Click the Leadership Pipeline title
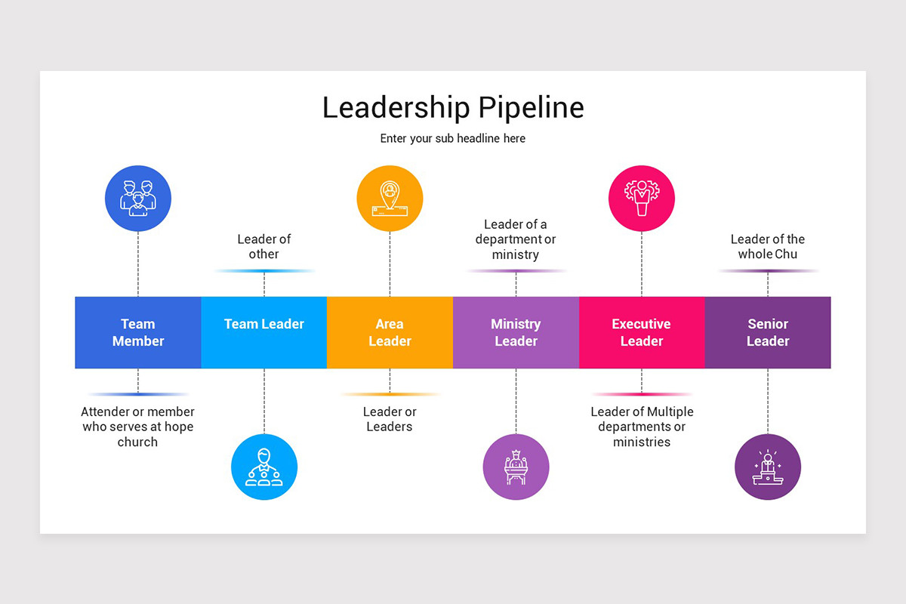[x=453, y=107]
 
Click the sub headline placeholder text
[x=453, y=139]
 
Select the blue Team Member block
[x=138, y=332]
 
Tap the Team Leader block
[x=264, y=332]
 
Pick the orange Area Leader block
[x=390, y=332]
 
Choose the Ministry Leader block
[x=516, y=332]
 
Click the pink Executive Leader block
[x=642, y=332]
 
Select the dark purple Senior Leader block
[x=768, y=332]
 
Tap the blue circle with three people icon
[x=138, y=199]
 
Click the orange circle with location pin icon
[x=390, y=199]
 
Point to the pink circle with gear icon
[x=642, y=199]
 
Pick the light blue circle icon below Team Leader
[x=264, y=467]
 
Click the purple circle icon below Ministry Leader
[x=516, y=467]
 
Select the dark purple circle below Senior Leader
[x=768, y=467]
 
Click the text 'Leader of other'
[x=264, y=247]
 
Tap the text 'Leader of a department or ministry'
[x=516, y=239]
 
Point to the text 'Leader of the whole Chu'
[x=768, y=247]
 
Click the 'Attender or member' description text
[x=138, y=427]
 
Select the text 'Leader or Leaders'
[x=390, y=419]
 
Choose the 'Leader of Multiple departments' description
[x=642, y=427]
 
